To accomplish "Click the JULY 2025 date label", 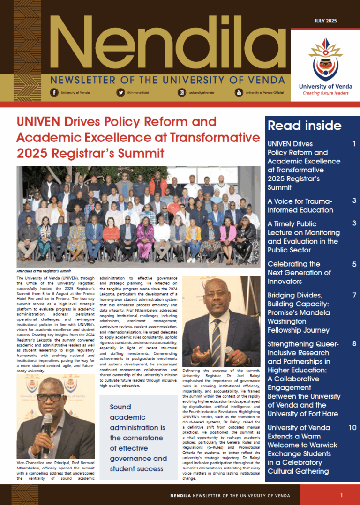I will [x=324, y=21].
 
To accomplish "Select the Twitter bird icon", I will [x=120, y=93].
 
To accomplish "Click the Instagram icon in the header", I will [x=181, y=93].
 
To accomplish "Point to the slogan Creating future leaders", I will [x=325, y=93].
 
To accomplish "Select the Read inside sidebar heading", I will [x=304, y=126].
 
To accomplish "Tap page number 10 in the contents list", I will [x=352, y=428].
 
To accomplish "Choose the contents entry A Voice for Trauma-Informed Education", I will [x=300, y=205].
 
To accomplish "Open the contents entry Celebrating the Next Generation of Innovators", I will [x=299, y=273].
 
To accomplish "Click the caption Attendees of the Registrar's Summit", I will [x=44, y=271].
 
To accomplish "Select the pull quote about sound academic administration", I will [x=138, y=438].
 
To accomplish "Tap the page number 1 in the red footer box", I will [x=342, y=495].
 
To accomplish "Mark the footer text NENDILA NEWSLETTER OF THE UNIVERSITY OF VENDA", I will [x=230, y=495].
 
